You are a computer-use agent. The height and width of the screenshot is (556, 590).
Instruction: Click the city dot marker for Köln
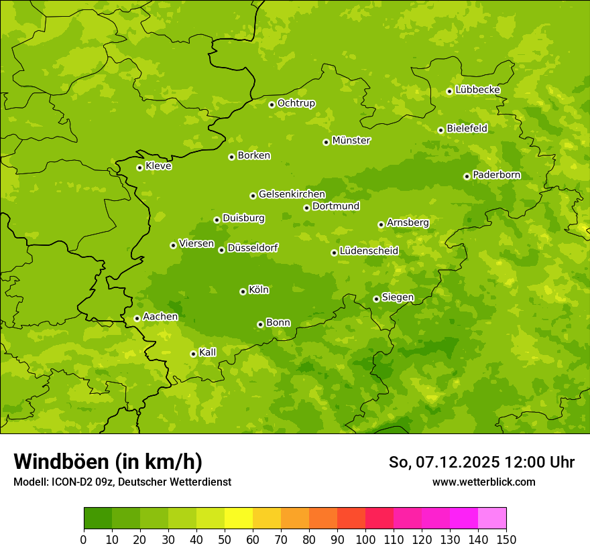pos(243,291)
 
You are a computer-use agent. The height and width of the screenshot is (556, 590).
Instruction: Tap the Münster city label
pos(351,141)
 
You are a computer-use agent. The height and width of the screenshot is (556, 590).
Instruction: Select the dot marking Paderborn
pos(467,176)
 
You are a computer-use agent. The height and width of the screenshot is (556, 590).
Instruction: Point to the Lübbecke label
pos(477,90)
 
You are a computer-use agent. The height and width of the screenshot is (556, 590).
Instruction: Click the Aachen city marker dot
pos(137,318)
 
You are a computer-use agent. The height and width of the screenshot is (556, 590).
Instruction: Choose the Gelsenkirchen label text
pos(292,194)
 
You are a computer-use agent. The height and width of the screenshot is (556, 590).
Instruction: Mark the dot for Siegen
pos(376,299)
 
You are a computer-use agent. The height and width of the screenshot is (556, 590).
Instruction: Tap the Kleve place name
pos(158,166)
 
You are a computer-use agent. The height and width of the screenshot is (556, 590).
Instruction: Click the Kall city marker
pos(193,354)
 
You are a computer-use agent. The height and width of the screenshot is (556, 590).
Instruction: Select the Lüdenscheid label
pos(369,251)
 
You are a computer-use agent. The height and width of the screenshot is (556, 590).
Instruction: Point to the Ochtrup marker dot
pos(272,105)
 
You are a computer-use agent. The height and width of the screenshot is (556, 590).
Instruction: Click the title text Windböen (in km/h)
pos(108,462)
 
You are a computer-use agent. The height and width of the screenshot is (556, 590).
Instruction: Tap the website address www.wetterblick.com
pos(483,482)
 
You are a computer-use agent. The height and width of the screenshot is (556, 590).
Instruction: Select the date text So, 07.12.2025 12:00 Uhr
pos(481,462)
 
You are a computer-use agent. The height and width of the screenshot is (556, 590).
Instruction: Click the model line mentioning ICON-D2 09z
pos(122,482)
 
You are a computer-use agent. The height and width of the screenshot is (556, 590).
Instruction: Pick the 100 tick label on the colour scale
pos(365,540)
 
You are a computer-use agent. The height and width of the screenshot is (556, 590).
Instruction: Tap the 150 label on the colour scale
pos(506,540)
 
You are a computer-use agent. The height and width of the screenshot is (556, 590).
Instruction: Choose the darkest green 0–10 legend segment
pos(98,518)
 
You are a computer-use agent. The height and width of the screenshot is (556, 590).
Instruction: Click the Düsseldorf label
pos(253,248)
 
